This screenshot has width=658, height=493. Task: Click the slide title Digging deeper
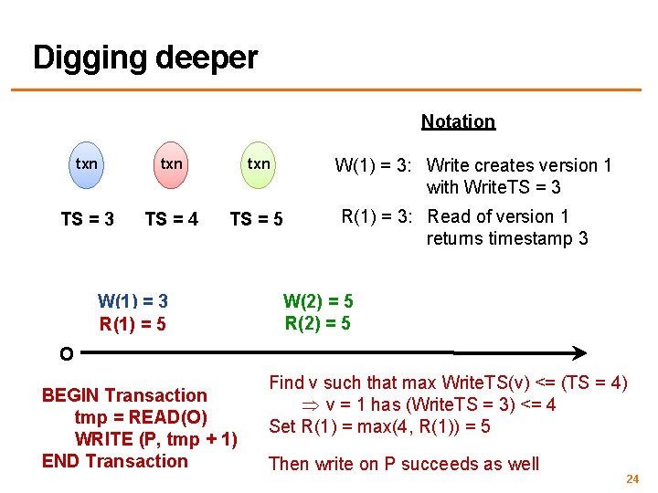pyautogui.click(x=145, y=58)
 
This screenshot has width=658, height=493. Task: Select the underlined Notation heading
pyautogui.click(x=458, y=121)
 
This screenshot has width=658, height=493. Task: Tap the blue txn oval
pyautogui.click(x=87, y=164)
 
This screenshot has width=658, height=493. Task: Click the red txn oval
pyautogui.click(x=172, y=164)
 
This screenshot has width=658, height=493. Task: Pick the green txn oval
pyautogui.click(x=259, y=164)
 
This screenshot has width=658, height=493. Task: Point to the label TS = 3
pyautogui.click(x=87, y=219)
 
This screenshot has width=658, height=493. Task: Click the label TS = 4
pyautogui.click(x=172, y=219)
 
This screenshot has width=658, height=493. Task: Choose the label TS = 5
pyautogui.click(x=256, y=219)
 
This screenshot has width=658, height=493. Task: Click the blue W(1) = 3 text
pyautogui.click(x=133, y=301)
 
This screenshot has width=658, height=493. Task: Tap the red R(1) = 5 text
pyautogui.click(x=133, y=323)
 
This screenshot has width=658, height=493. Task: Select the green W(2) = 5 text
pyautogui.click(x=318, y=301)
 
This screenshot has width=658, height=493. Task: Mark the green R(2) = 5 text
pyautogui.click(x=318, y=322)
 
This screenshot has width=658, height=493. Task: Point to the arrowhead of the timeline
pyautogui.click(x=579, y=351)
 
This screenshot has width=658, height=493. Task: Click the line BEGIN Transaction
pyautogui.click(x=124, y=395)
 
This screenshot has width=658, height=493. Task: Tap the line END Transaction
pyautogui.click(x=115, y=461)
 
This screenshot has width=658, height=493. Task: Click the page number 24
pyautogui.click(x=631, y=479)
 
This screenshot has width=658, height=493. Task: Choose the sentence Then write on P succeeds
pyautogui.click(x=404, y=464)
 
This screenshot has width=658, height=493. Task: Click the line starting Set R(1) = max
pyautogui.click(x=379, y=426)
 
